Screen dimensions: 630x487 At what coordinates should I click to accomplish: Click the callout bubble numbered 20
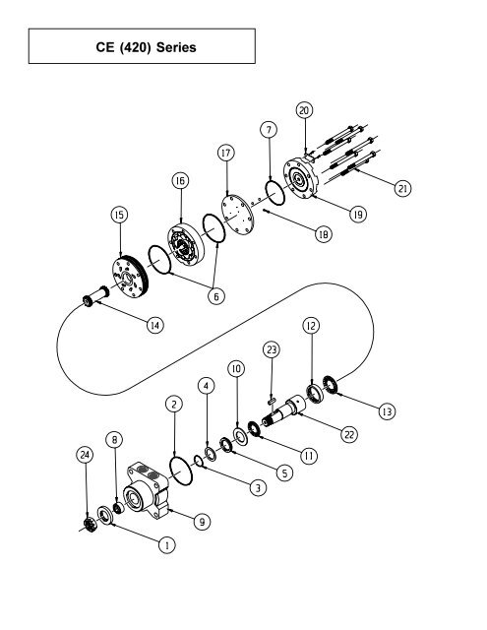[303, 110]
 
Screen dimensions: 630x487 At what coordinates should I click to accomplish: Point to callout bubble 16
[180, 180]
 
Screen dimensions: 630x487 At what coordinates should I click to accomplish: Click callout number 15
[119, 216]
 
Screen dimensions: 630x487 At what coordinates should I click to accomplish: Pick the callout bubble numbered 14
[155, 326]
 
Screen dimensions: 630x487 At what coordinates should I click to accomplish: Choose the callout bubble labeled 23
[273, 349]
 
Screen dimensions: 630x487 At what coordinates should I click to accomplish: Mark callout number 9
[201, 523]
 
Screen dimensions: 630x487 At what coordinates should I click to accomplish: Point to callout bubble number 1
[167, 543]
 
